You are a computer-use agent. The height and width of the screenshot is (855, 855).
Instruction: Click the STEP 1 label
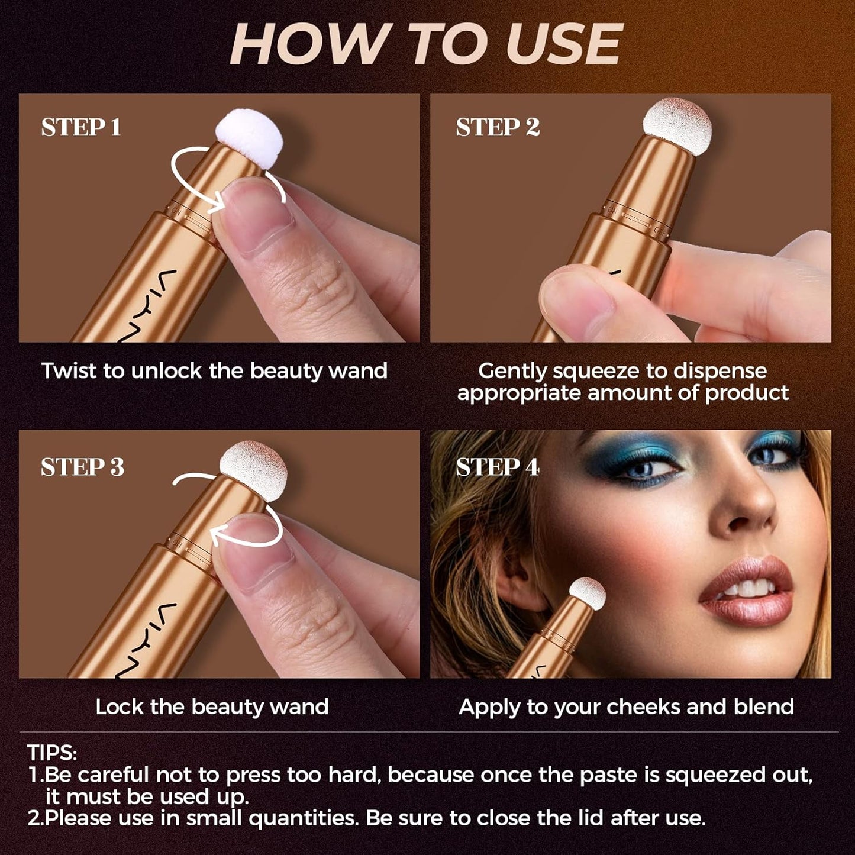[x=81, y=128]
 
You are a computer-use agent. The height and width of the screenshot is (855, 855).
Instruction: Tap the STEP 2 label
[x=498, y=128]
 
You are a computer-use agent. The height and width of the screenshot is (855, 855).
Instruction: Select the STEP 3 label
[x=82, y=467]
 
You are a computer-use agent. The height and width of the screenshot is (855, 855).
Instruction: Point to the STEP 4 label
[x=498, y=467]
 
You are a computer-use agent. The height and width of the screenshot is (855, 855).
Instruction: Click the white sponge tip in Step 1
[x=249, y=138]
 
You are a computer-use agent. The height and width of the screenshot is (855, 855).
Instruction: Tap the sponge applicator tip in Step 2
[x=677, y=126]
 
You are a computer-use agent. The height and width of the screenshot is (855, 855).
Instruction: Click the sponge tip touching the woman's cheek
[x=588, y=593]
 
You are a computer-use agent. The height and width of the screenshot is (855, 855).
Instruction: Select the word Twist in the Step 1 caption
[x=69, y=371]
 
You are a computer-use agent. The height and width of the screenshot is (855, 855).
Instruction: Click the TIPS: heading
[x=52, y=753]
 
